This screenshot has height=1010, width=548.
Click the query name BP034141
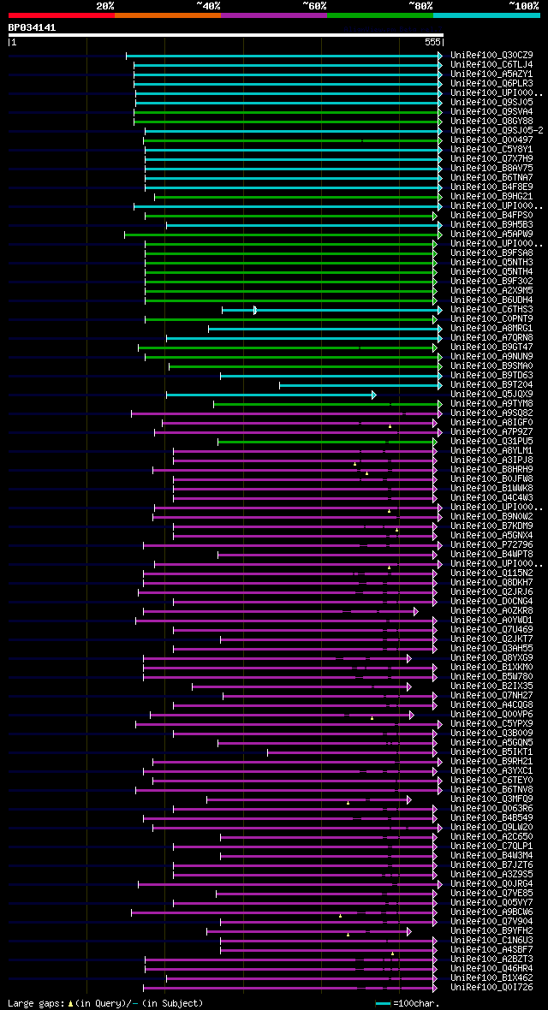[32, 27]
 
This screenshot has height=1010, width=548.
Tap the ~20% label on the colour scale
[105, 5]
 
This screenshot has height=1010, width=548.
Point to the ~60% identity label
[314, 5]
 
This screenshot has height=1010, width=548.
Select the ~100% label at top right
[523, 5]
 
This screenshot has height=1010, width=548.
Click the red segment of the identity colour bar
[61, 15]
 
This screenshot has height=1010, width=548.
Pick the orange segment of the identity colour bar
[167, 15]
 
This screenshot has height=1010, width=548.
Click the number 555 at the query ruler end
[432, 41]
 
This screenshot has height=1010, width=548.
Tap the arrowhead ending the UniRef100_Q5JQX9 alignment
[373, 395]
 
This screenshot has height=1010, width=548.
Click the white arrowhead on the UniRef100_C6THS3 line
[255, 310]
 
